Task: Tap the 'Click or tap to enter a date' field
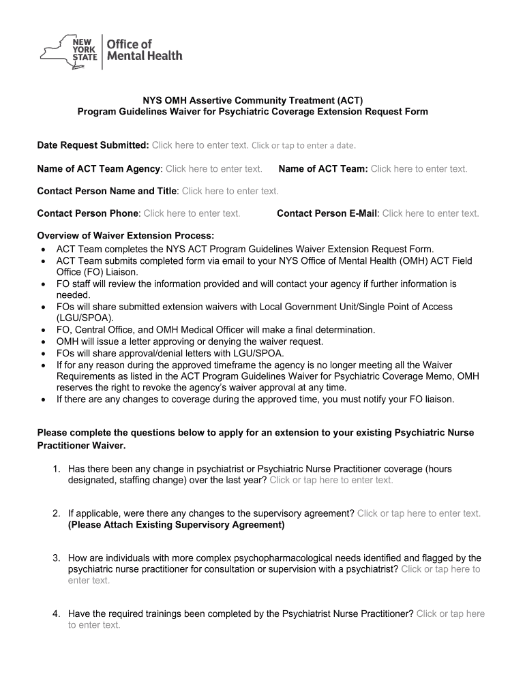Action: pyautogui.click(x=303, y=145)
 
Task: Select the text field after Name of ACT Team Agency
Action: pyautogui.click(x=214, y=169)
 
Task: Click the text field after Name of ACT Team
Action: pyautogui.click(x=419, y=169)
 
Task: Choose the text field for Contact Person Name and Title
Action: pyautogui.click(x=230, y=191)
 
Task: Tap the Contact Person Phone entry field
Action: pyautogui.click(x=192, y=213)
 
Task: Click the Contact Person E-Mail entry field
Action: pyautogui.click(x=430, y=213)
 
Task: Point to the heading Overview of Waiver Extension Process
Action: pyautogui.click(x=125, y=236)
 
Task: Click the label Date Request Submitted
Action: pyautogui.click(x=93, y=145)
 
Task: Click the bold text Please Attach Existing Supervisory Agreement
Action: pyautogui.click(x=176, y=525)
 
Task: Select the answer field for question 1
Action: pyautogui.click(x=331, y=480)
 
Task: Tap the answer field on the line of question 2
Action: pyautogui.click(x=419, y=513)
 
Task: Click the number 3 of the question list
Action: pyautogui.click(x=57, y=558)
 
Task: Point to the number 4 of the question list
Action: pyautogui.click(x=57, y=613)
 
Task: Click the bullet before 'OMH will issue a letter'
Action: pyautogui.click(x=43, y=342)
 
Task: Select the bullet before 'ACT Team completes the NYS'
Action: pyautogui.click(x=43, y=249)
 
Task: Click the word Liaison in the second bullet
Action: pyautogui.click(x=114, y=272)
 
